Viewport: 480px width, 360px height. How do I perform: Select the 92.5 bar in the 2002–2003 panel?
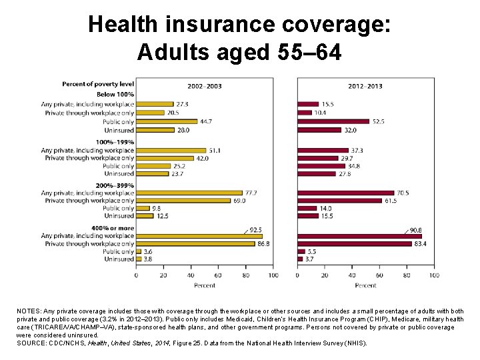click(x=199, y=236)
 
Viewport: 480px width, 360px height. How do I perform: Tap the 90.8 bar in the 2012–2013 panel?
click(x=359, y=236)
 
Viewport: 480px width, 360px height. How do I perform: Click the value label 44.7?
click(x=207, y=122)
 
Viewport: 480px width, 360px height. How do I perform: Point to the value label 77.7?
click(x=252, y=193)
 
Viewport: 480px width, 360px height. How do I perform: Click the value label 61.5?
click(x=390, y=201)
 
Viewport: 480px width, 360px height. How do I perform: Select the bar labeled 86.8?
click(x=196, y=244)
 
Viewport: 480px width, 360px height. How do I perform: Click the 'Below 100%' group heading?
click(x=115, y=95)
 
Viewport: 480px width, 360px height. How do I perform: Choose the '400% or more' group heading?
click(x=111, y=228)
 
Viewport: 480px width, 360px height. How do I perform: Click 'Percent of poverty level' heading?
click(x=98, y=84)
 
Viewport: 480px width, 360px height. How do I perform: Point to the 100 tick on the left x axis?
click(x=273, y=275)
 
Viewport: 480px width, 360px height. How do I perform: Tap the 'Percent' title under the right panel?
click(x=365, y=285)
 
